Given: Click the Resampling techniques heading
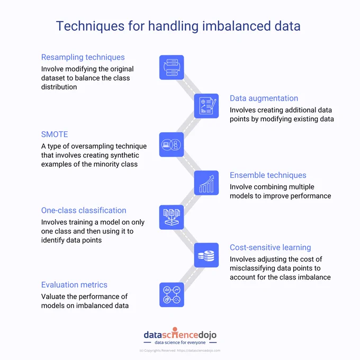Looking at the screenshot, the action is click(x=83, y=57).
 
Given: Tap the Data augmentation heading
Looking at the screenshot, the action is click(x=264, y=98).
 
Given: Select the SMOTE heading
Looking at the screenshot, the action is click(x=55, y=134).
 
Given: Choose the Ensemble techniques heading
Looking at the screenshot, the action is click(x=268, y=175).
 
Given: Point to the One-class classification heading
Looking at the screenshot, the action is click(x=84, y=210).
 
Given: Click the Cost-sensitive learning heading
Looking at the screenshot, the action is click(x=270, y=248).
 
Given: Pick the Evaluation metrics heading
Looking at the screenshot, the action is click(x=74, y=285).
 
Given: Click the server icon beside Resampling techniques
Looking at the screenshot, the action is click(x=172, y=67).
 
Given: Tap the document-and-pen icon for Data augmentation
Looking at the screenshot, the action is click(x=206, y=106).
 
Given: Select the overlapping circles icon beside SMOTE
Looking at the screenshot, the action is click(x=172, y=145).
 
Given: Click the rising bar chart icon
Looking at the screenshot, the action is click(x=206, y=183).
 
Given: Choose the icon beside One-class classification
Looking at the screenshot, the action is click(x=172, y=217).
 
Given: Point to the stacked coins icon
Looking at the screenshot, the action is click(x=206, y=255).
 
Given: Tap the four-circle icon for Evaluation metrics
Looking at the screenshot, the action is click(x=172, y=294).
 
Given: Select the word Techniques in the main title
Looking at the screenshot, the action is click(x=90, y=26).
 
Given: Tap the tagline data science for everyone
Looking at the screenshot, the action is click(x=180, y=343).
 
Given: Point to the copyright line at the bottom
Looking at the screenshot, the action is click(x=180, y=350).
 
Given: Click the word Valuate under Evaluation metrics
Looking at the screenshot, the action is click(x=53, y=296).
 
